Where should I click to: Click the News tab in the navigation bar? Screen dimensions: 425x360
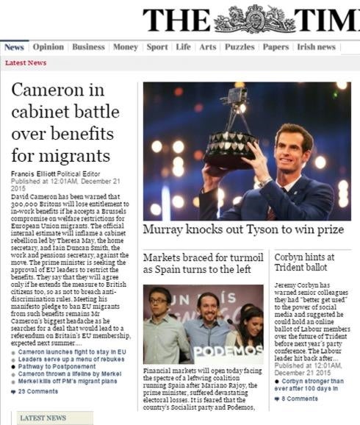(x=14, y=47)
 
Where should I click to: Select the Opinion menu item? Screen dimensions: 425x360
(x=48, y=47)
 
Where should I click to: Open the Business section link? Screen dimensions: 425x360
(x=89, y=47)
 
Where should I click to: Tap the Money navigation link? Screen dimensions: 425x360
(x=126, y=47)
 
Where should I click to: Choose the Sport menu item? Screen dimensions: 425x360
(x=157, y=47)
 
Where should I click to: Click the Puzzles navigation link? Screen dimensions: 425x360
(x=240, y=47)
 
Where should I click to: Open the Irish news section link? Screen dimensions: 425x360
(x=316, y=47)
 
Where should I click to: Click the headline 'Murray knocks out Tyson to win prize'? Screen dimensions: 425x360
(x=243, y=229)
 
